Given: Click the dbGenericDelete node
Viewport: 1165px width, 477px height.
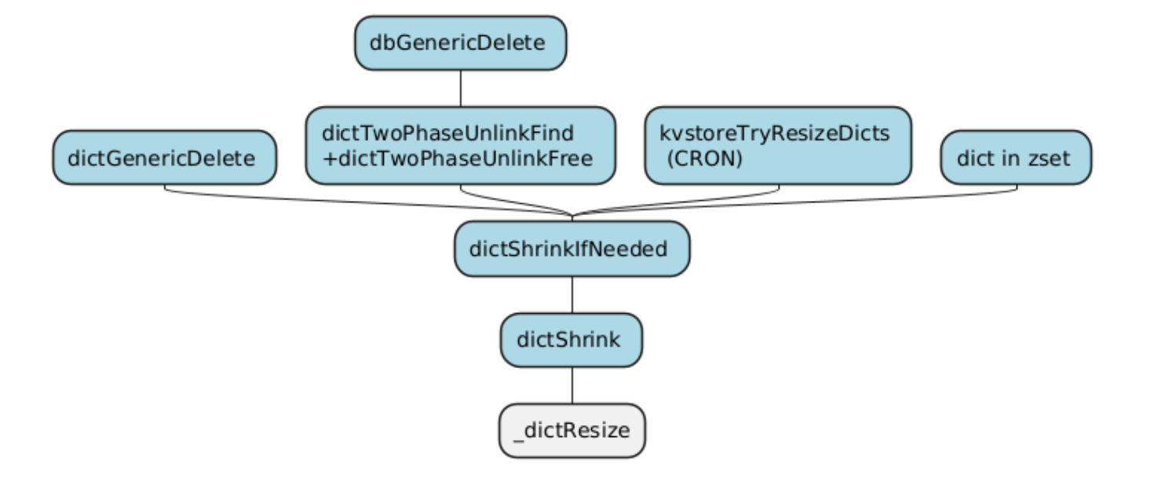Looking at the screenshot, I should point(460,43).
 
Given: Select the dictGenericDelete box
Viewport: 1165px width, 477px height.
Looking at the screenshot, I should point(164,158).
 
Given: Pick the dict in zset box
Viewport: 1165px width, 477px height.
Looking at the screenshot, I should point(1015,158).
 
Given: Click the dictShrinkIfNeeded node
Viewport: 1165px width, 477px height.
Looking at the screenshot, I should point(572,249).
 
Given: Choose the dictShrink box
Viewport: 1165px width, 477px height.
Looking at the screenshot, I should point(572,340).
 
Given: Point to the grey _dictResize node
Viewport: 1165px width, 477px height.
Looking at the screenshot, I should point(572,431).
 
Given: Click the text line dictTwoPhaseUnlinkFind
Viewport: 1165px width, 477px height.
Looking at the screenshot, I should point(448,133).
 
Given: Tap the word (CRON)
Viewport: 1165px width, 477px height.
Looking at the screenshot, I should point(703,158).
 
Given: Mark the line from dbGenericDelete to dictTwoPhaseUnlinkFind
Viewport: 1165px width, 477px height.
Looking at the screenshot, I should point(460,89).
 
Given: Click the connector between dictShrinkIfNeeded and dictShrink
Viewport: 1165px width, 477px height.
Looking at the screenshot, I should point(572,295).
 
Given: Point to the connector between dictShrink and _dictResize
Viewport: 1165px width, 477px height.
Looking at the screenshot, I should point(572,385).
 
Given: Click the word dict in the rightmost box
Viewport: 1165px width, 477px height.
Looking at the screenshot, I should point(974,158).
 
